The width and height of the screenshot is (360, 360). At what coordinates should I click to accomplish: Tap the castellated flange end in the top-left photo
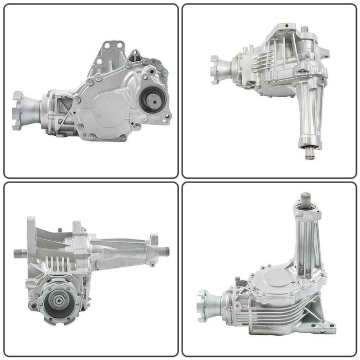(19, 110)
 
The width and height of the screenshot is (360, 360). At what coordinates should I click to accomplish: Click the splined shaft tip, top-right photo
(310, 153)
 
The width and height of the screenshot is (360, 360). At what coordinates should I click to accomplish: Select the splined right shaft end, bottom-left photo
(164, 251)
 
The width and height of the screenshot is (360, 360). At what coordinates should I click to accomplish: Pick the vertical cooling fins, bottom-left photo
(58, 265)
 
